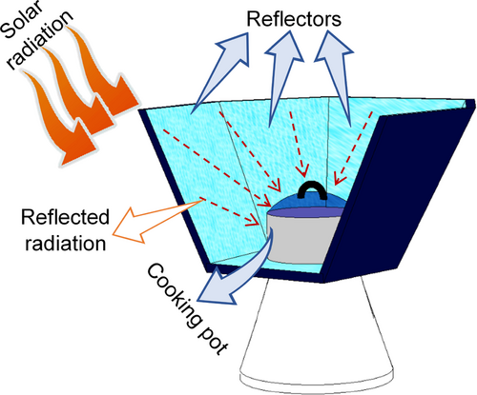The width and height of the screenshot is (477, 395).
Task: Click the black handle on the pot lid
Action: pos(313,191)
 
